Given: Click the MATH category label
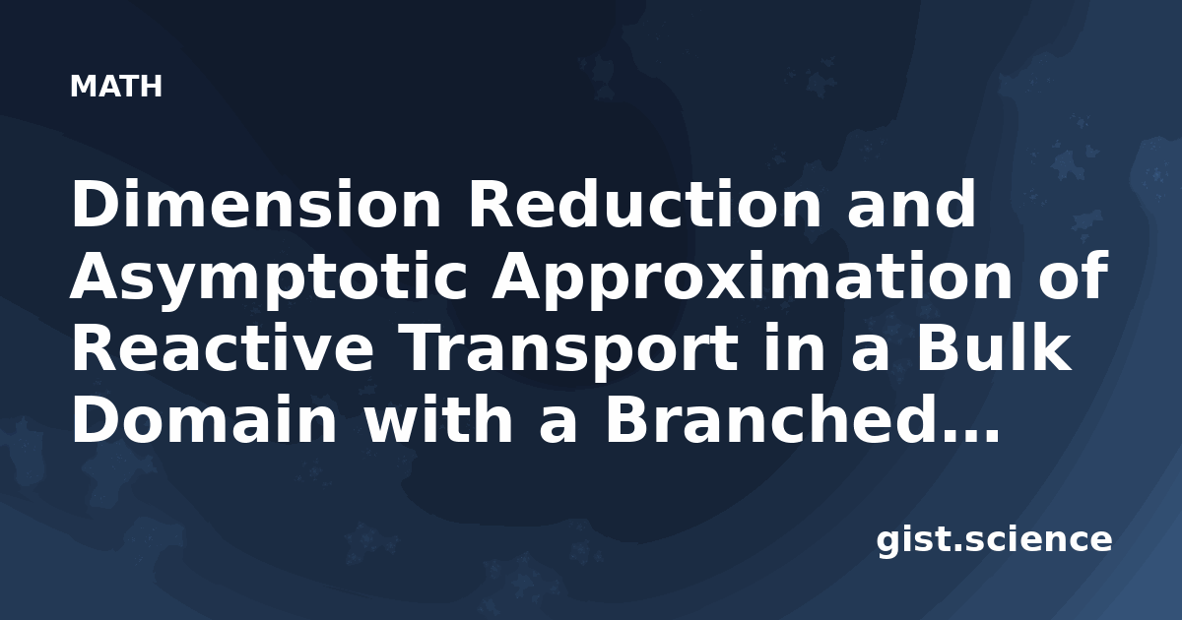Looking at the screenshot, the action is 116,87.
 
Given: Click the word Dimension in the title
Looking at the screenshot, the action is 256,204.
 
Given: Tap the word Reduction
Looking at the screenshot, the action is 645,204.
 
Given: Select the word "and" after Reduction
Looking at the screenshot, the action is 912,204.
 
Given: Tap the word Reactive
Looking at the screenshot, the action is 223,348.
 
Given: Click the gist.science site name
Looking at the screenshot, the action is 994,541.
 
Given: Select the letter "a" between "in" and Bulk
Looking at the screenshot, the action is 871,354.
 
